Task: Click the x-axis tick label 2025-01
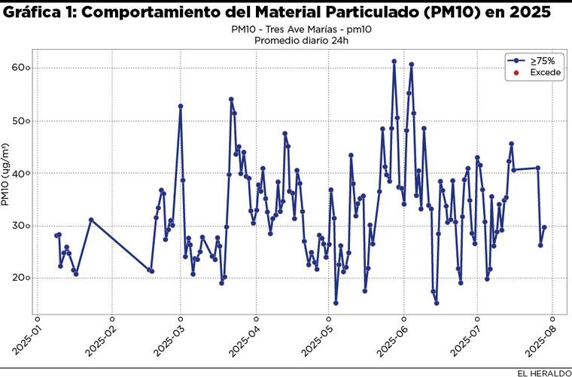[26, 337]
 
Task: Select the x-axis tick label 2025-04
[245, 337]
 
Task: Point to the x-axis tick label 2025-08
[540, 337]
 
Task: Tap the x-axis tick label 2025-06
[392, 337]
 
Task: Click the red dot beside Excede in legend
[516, 72]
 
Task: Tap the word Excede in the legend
[546, 72]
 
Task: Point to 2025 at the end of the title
[528, 13]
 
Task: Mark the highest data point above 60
[394, 61]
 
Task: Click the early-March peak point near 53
[181, 106]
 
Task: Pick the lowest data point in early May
[336, 303]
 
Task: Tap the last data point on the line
[544, 227]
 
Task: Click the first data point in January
[56, 236]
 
